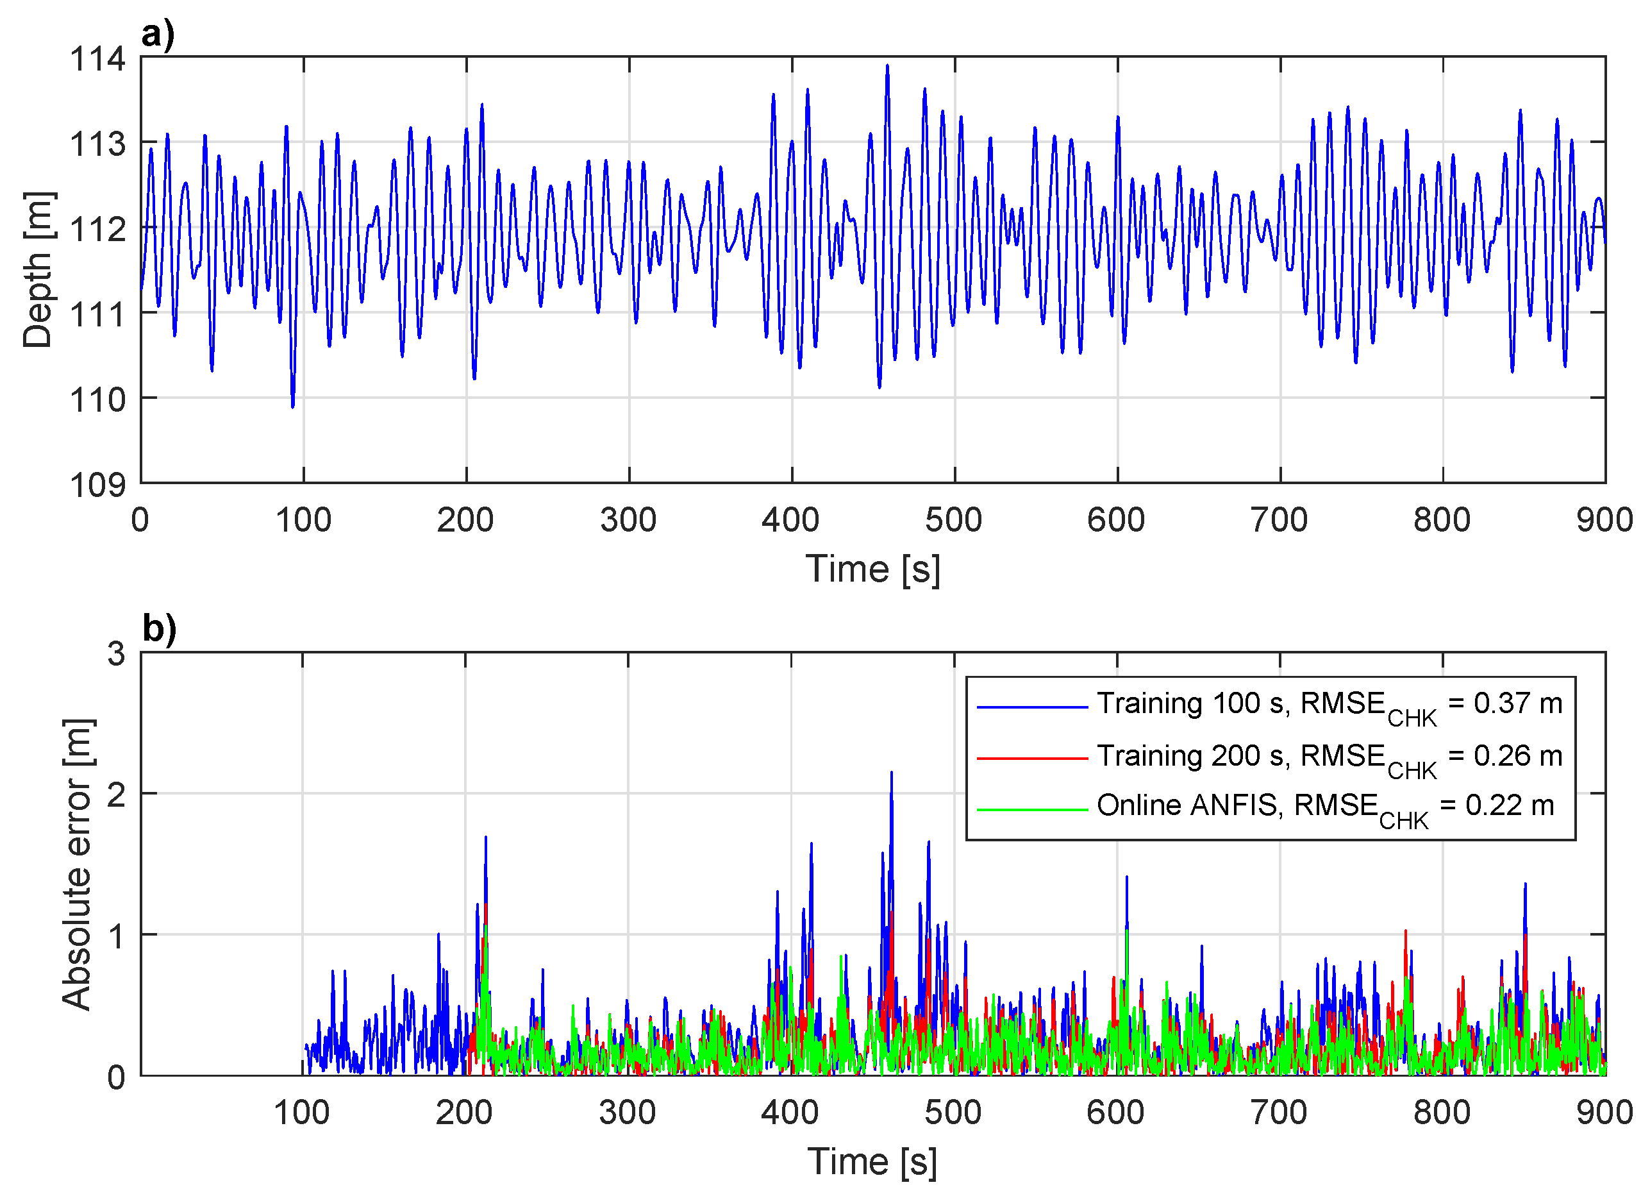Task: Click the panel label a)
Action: (158, 34)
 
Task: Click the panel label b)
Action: (160, 628)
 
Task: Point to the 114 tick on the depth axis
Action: (97, 59)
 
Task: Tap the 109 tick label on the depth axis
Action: (97, 485)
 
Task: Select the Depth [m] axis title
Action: (38, 270)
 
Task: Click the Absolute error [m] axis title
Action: (77, 864)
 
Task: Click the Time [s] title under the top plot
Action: (872, 569)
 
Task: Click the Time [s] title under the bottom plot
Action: (872, 1161)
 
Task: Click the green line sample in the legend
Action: (1031, 809)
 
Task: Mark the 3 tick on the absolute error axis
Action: (117, 654)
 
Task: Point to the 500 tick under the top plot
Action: (953, 521)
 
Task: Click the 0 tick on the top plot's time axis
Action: (140, 521)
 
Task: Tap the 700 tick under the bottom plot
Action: (1279, 1113)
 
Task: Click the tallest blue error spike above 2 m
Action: (892, 774)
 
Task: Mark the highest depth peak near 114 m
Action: (887, 66)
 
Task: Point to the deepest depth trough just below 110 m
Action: (292, 407)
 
